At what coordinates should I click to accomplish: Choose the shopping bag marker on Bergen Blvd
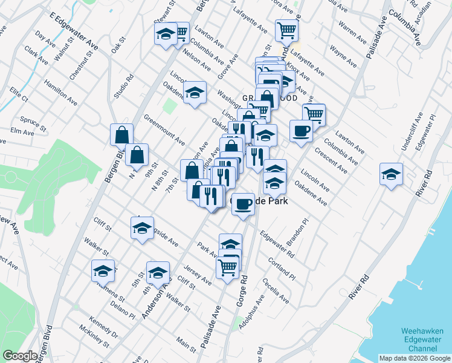pos(121,134)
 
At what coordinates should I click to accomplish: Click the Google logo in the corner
pos(20,356)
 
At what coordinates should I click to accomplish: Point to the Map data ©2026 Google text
pos(414,358)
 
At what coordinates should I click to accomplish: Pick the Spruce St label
pos(33,122)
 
